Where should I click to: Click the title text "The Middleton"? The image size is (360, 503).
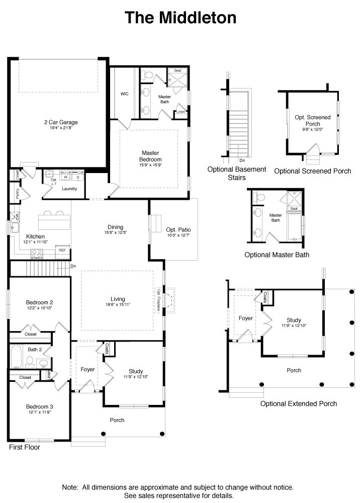point(180,18)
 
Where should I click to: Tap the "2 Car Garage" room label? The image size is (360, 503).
point(60,122)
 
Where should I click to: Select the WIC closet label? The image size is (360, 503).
point(125,94)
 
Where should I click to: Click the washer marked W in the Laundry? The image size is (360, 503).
point(66,177)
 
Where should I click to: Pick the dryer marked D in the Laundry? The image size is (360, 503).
point(78,177)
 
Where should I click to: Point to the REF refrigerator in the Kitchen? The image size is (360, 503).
point(62,250)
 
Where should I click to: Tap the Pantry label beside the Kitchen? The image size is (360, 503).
point(17,195)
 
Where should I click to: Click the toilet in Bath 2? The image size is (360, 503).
point(30,361)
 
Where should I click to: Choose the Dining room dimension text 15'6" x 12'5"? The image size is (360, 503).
point(115,233)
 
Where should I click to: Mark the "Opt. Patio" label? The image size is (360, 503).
point(178,230)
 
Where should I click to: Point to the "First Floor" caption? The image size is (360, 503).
point(24,447)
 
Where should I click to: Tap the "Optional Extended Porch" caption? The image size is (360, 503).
point(298,403)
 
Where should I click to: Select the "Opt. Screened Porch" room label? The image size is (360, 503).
point(312,120)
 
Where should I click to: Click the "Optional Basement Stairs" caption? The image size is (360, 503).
point(237,174)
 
